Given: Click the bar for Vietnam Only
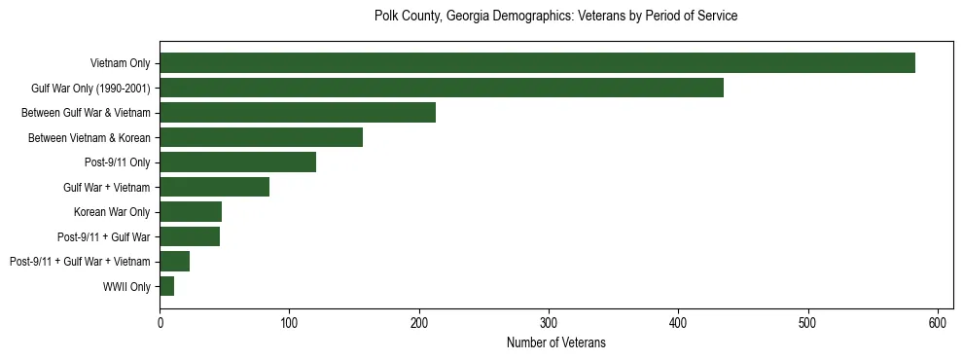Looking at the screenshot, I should (537, 63).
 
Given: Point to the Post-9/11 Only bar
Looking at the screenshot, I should (237, 162).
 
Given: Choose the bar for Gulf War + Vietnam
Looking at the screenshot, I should (214, 187).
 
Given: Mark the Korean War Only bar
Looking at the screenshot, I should (191, 212).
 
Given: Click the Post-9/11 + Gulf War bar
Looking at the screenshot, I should (190, 236).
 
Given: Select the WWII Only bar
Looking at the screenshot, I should (166, 286).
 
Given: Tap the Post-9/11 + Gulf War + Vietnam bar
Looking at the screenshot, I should (174, 262).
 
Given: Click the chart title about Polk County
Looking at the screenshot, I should (555, 17).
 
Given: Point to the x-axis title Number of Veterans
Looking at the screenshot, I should (555, 342).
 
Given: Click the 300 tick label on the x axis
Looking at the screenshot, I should (549, 322).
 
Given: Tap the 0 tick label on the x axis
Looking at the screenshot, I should (160, 322).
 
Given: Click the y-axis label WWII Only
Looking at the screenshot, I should (126, 287).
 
